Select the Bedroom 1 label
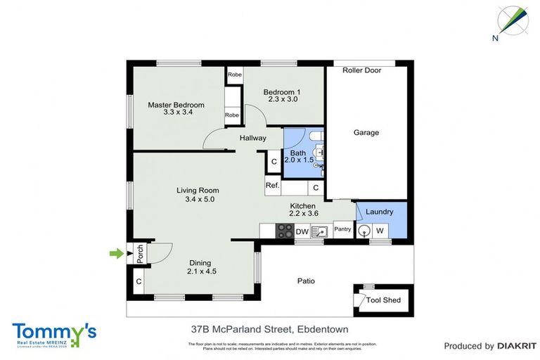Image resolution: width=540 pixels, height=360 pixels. point(282,92)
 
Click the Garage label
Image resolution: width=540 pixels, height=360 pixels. point(366,132)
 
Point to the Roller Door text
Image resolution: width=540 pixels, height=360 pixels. point(361,70)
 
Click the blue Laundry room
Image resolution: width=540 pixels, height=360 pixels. point(380,211)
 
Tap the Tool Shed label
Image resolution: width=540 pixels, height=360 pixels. point(383,300)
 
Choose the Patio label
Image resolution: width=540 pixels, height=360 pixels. point(306,281)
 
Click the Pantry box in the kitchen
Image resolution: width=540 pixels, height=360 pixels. point(342,229)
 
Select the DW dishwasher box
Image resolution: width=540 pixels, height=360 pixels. point(302,231)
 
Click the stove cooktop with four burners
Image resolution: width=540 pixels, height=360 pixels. point(283,231)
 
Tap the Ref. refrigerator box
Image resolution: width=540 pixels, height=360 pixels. point(273,186)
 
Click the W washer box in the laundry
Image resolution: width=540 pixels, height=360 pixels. point(380,230)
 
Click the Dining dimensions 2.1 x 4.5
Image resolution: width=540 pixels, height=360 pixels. point(201,271)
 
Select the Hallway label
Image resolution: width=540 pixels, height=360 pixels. point(252,138)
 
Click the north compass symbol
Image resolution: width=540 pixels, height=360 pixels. point(513,20)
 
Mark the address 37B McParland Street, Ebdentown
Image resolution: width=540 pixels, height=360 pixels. point(269,328)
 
